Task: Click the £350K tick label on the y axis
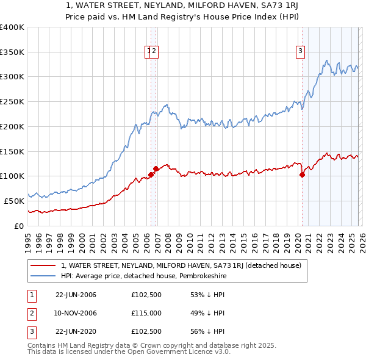12,52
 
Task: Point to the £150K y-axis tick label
12,151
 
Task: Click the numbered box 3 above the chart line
301,52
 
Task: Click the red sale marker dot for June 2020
302,175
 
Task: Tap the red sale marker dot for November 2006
156,168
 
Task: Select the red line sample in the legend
43,265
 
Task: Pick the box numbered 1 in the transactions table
30,295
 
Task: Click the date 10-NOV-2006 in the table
76,313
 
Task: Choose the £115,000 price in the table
146,313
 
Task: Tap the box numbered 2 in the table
30,313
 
